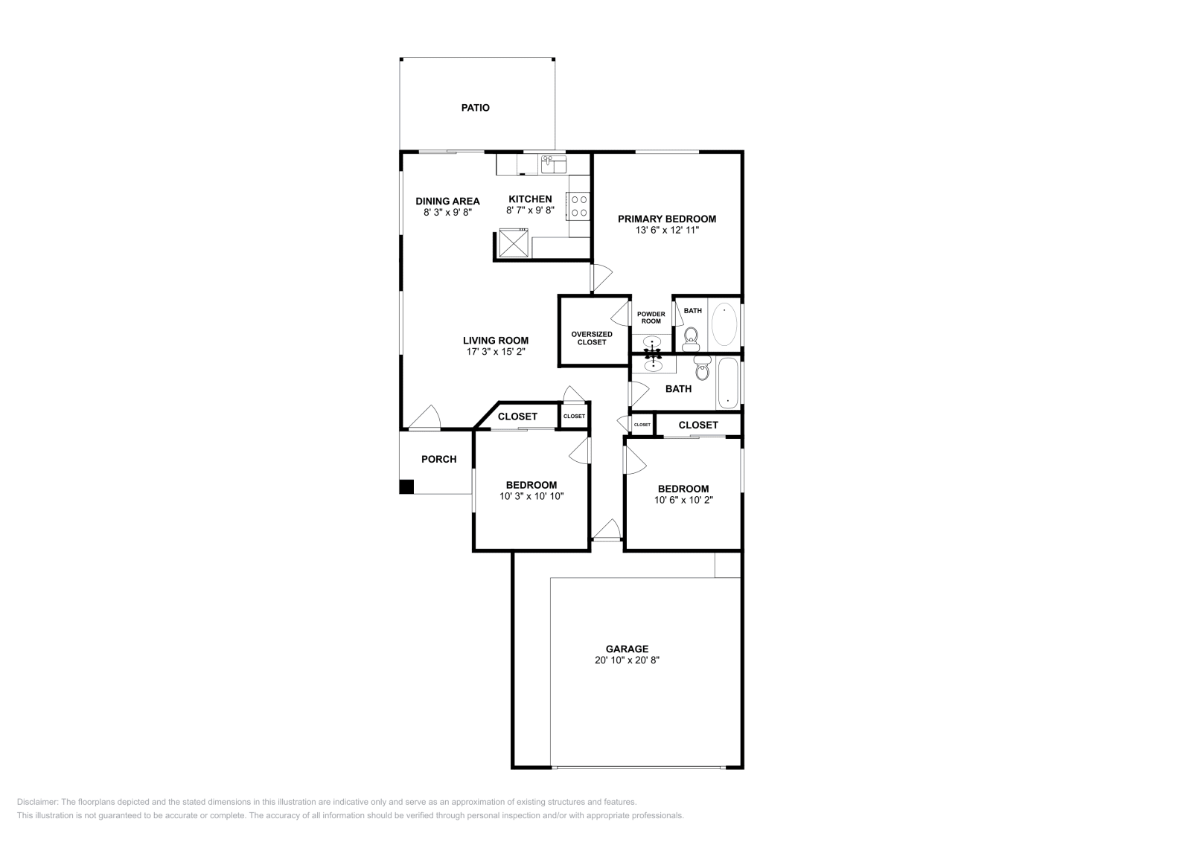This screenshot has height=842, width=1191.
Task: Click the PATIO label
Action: coord(475,108)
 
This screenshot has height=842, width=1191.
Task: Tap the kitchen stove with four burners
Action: coord(578,206)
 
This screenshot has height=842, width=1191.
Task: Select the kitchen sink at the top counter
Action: coord(553,163)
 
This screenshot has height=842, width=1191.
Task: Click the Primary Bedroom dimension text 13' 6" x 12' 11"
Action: coord(667,231)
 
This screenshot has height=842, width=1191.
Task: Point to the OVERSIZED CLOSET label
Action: coord(592,338)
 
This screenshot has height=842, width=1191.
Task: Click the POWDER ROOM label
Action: coord(651,318)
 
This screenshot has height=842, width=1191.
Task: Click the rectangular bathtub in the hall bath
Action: coord(727,382)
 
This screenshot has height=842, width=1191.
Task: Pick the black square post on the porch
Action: coord(406,486)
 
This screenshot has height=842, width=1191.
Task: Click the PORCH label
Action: coord(438,460)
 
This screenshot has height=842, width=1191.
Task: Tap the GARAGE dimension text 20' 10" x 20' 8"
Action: coord(627,660)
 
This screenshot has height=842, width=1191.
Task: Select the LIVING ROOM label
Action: coord(496,341)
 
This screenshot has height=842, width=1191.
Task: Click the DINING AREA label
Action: coord(447,201)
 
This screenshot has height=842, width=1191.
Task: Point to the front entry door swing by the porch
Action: coord(426,418)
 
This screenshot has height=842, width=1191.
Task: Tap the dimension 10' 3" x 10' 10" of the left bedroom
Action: coord(531,496)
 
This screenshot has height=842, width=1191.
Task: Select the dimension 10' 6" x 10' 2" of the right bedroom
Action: coord(683,500)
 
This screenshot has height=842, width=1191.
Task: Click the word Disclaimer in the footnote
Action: coord(36,802)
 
